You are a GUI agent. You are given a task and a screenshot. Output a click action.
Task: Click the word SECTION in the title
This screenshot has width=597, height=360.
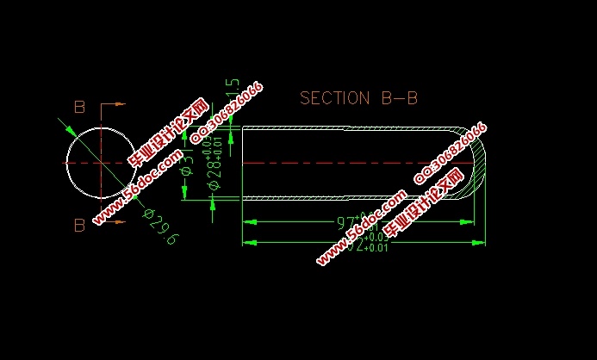334,98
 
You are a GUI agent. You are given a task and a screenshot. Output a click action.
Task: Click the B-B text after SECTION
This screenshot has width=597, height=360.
399,98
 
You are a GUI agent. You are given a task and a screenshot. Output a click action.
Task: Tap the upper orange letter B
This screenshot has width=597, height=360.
79,108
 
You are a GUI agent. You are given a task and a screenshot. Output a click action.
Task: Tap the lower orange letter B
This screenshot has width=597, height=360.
79,226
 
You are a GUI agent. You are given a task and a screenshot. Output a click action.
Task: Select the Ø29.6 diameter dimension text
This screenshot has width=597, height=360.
160,227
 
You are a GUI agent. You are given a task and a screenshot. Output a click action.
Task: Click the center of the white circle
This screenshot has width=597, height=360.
102,162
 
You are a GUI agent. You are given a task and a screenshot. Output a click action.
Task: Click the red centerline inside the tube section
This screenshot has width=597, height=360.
345,162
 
